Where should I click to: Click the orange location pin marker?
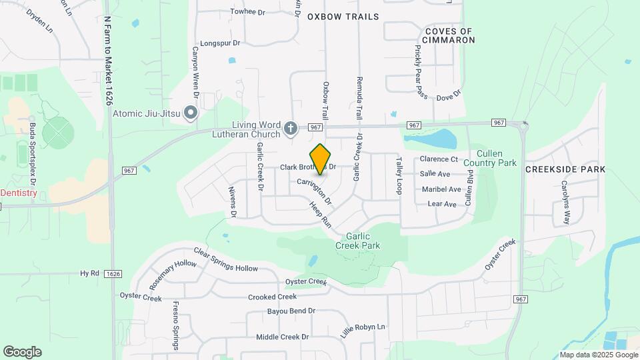[x=321, y=159]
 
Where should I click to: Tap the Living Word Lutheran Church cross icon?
[x=290, y=128]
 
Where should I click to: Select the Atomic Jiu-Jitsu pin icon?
[x=191, y=113]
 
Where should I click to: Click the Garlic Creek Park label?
[x=363, y=241]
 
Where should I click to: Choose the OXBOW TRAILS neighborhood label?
[x=343, y=17]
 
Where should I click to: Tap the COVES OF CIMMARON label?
[x=449, y=36]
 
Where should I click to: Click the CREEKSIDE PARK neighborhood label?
[x=565, y=169]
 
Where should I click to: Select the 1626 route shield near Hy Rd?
[x=113, y=273]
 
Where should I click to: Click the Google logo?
[x=22, y=352]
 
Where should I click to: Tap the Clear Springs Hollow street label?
[x=225, y=259]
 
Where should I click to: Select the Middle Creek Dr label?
[x=283, y=337]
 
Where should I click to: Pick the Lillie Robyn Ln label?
[x=363, y=331]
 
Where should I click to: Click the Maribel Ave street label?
[x=440, y=189]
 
